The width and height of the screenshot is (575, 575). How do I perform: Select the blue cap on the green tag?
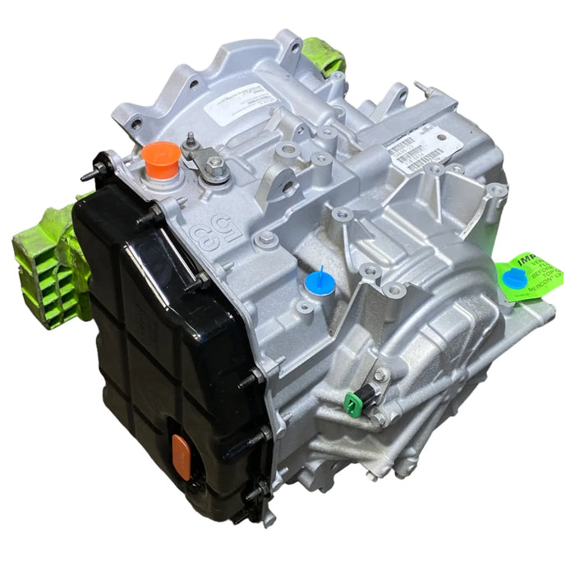tap(514, 278)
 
